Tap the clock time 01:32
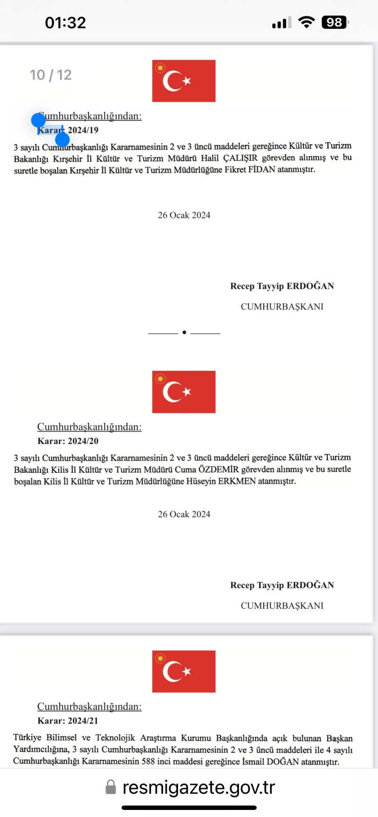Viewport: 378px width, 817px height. [65, 23]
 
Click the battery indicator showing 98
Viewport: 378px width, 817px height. [335, 22]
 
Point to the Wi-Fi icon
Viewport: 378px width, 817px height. [307, 22]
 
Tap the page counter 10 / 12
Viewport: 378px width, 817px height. [51, 75]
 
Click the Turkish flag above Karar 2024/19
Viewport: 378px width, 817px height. [184, 81]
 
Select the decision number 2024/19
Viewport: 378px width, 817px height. [83, 130]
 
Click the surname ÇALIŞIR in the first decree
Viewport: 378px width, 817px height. [241, 158]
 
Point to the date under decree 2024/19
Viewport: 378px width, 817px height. [184, 215]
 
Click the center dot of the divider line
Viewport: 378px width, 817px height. [184, 333]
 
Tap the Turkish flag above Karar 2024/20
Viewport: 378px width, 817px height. [184, 392]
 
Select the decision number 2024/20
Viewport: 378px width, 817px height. [83, 441]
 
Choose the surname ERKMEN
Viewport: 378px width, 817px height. [237, 481]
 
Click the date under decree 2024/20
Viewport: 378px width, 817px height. [184, 514]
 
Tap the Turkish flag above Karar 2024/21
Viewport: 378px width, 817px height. [184, 671]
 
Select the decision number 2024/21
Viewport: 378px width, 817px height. [83, 721]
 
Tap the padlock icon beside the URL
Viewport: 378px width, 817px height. [111, 787]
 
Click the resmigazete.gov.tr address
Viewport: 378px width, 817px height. [198, 787]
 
